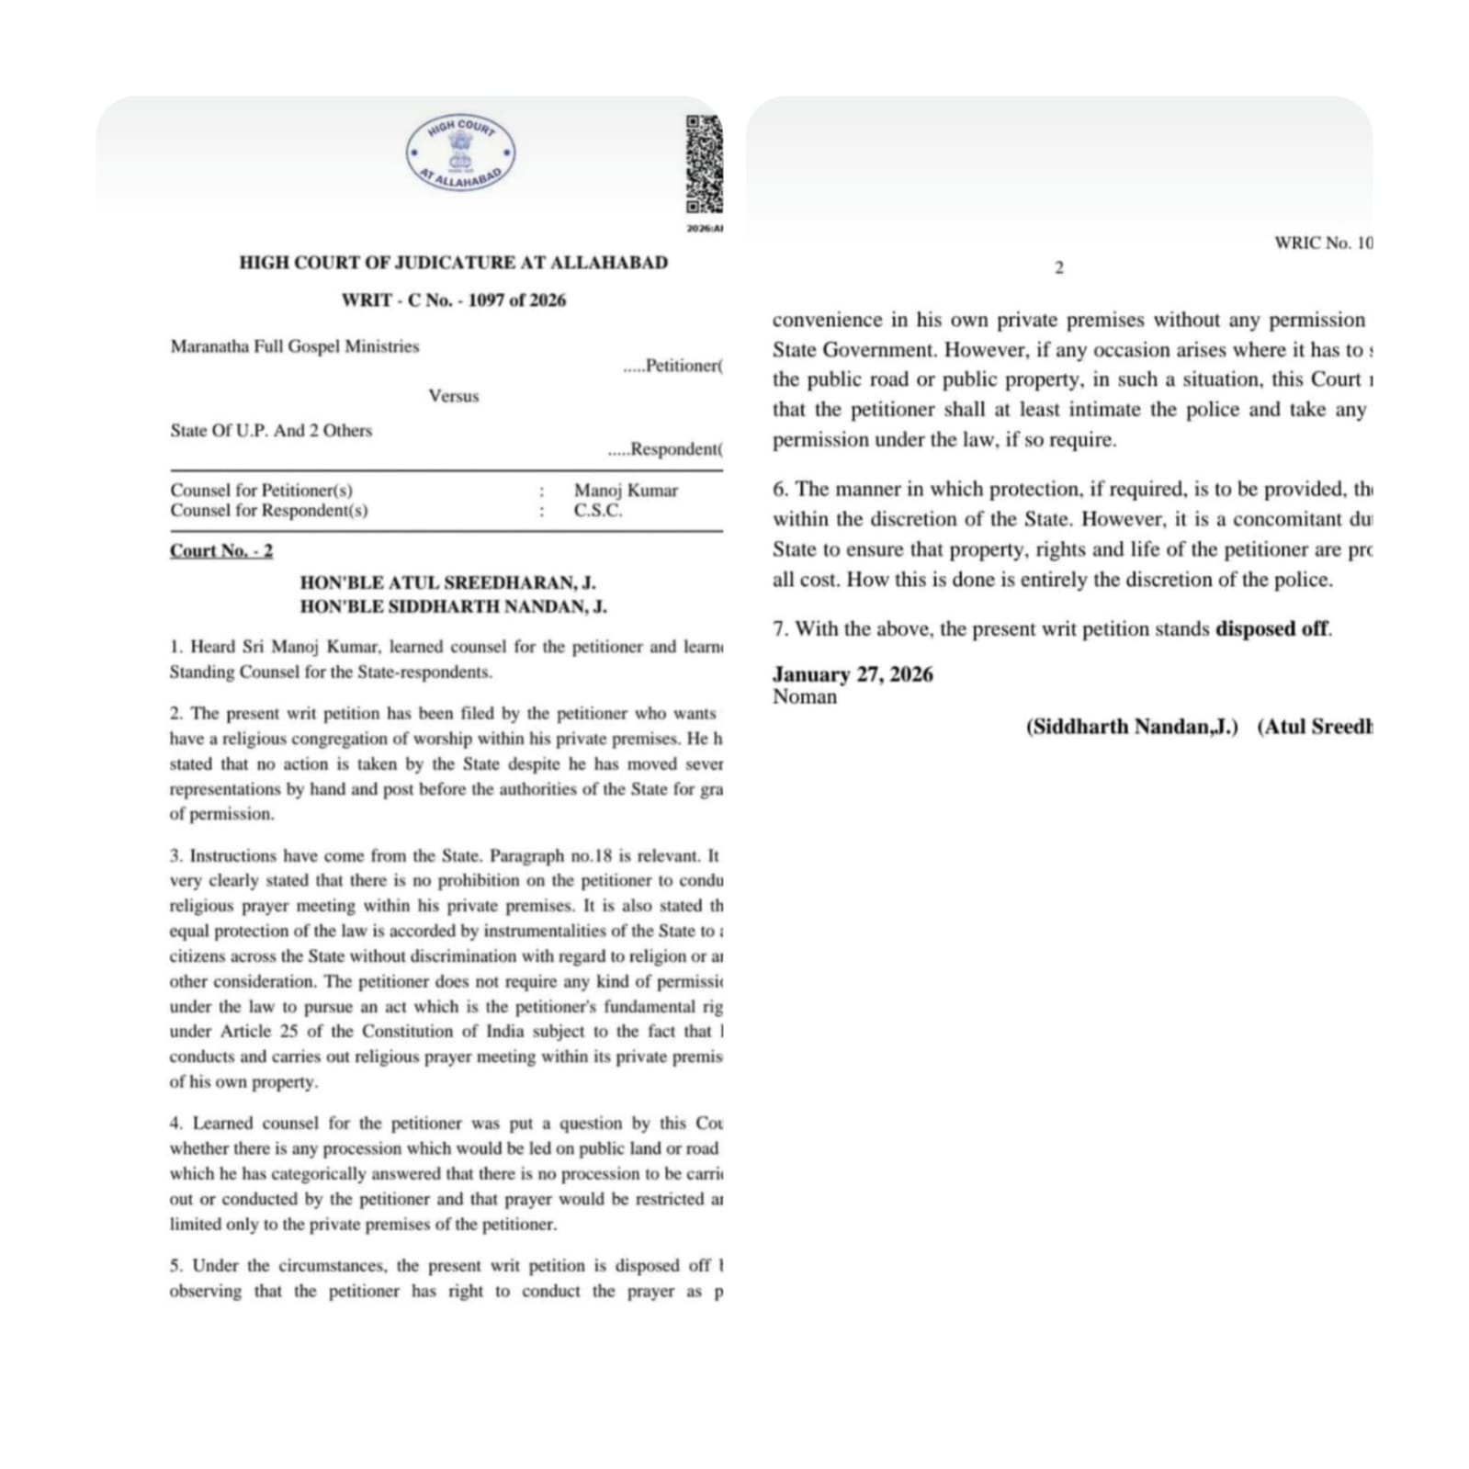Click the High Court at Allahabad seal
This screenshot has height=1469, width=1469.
click(460, 153)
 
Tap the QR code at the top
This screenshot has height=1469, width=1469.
click(705, 164)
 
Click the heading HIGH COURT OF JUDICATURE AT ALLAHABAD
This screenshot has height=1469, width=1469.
click(453, 263)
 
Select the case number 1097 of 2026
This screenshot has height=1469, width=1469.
click(516, 300)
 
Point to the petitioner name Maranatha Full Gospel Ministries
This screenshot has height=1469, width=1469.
click(294, 346)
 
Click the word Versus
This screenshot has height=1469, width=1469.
click(453, 396)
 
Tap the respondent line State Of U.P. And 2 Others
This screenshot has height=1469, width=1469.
click(271, 430)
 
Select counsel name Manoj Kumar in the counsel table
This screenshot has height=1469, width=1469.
click(626, 491)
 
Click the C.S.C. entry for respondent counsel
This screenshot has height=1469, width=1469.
click(598, 511)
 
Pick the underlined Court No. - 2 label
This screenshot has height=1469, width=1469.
click(220, 550)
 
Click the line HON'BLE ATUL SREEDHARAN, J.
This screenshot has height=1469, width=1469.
click(447, 582)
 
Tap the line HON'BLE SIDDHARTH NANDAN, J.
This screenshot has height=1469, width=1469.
click(453, 606)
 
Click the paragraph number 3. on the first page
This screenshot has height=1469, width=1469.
click(175, 856)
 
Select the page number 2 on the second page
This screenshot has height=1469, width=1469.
click(1058, 268)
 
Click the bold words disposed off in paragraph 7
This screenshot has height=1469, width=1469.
click(1271, 629)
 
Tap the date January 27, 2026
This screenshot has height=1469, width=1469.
click(853, 674)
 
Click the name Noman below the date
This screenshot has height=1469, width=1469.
click(805, 696)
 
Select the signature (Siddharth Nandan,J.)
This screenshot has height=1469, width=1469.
click(1132, 727)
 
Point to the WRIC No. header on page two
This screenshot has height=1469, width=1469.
click(1322, 243)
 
